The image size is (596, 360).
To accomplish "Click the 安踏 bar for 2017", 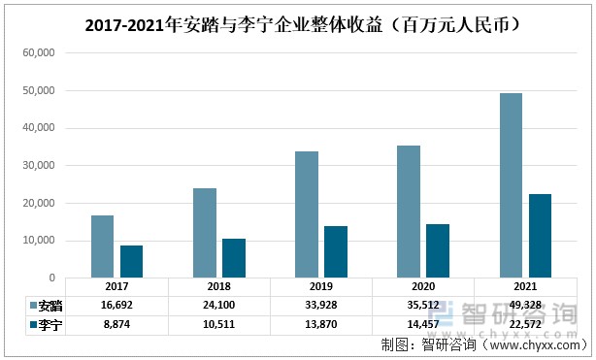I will (x=103, y=246).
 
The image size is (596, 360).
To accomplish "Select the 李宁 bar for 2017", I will (x=132, y=261).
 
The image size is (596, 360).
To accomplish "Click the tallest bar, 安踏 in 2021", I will (x=511, y=185).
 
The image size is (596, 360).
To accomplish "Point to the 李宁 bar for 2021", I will (x=540, y=236).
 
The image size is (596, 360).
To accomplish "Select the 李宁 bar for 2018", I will (x=234, y=258).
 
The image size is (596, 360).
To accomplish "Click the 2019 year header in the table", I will (x=321, y=287).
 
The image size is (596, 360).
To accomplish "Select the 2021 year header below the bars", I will (x=525, y=287).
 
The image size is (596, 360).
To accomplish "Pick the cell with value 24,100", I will (x=219, y=305).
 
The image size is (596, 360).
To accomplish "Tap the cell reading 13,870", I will (x=321, y=324).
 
